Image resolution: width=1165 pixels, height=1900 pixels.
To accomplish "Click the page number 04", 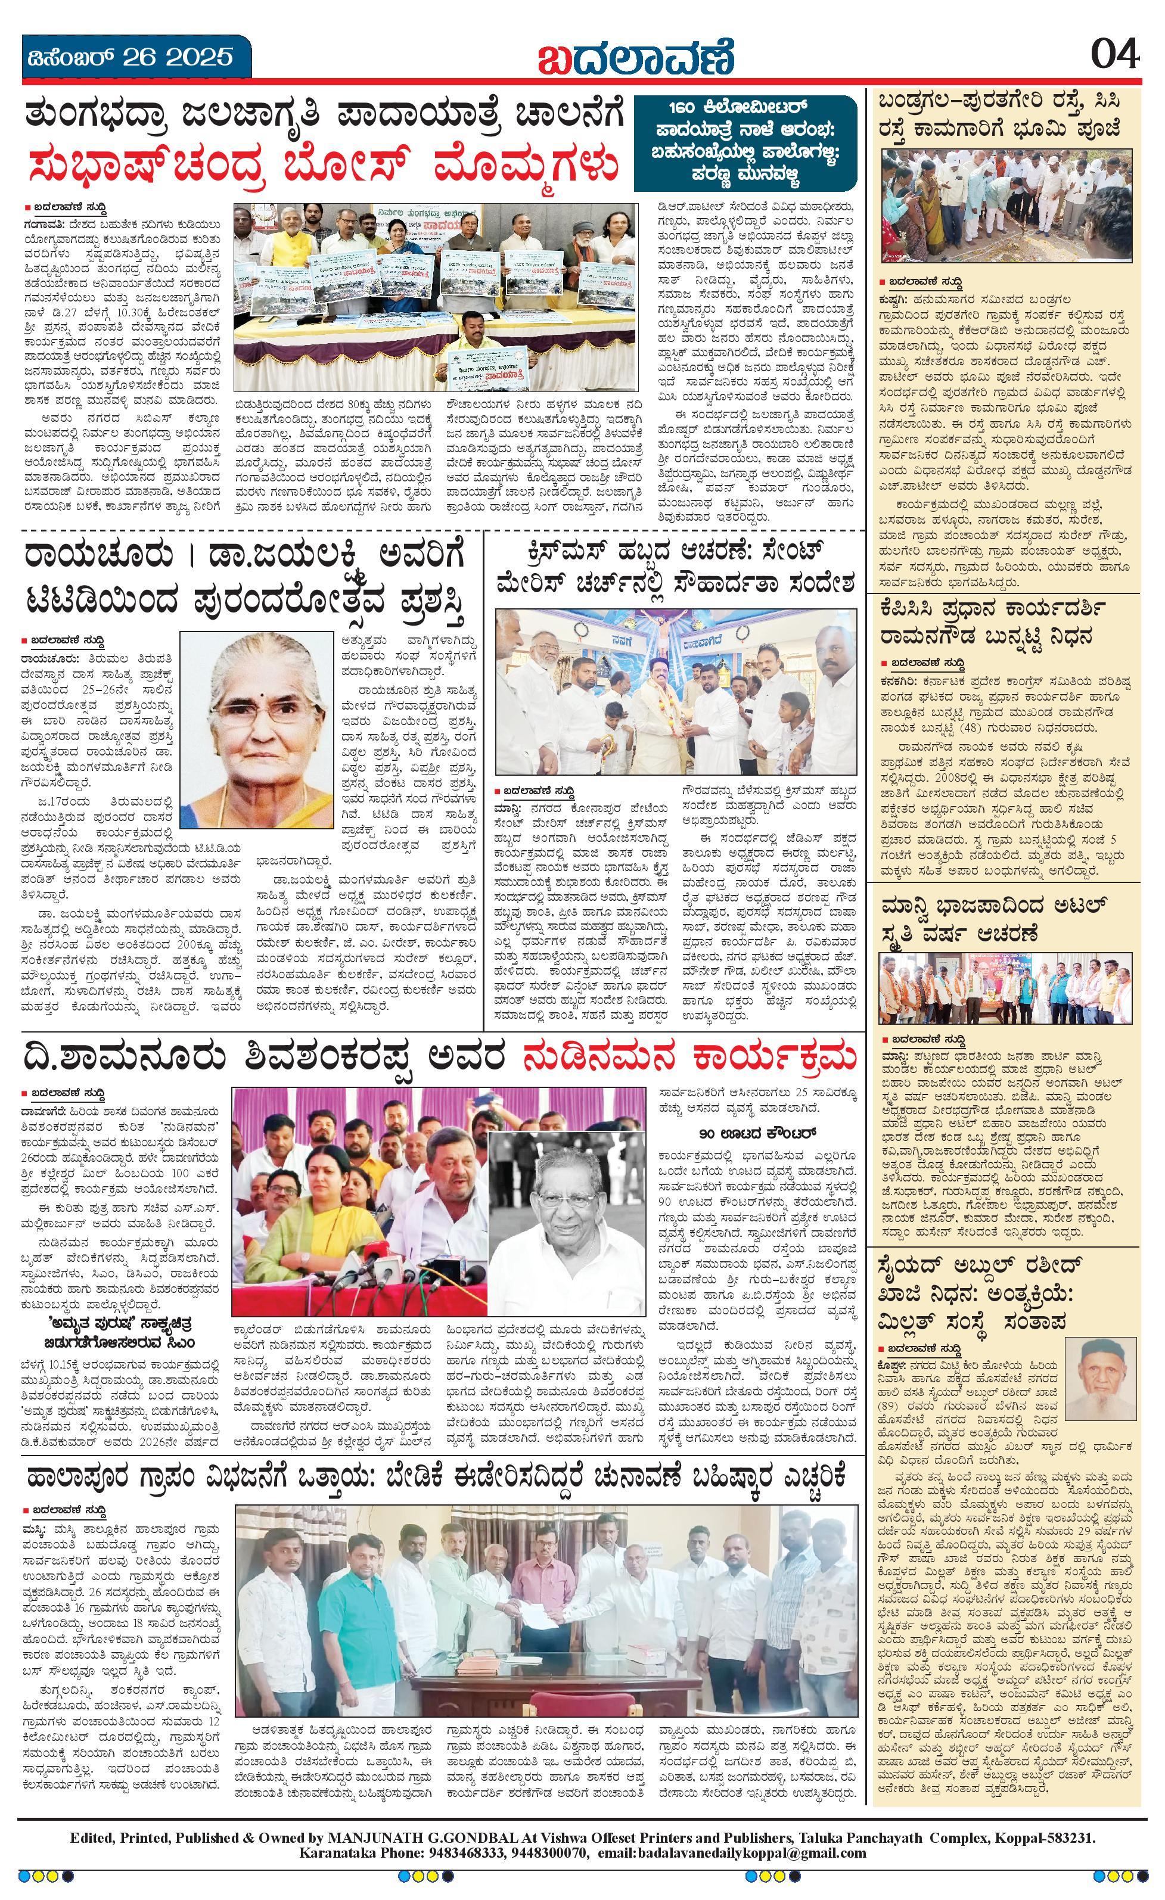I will (x=1114, y=55).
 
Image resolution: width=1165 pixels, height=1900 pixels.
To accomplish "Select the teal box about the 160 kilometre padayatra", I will (x=744, y=144).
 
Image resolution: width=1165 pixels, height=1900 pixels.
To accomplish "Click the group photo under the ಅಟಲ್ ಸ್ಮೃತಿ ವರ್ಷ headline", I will (x=1005, y=987).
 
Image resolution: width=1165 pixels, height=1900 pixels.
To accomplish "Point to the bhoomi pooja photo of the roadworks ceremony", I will (x=1005, y=204).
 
